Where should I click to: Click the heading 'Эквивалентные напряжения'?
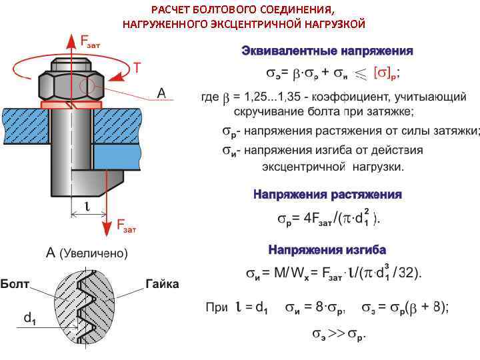click(327, 51)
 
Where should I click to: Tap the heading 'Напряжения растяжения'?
click(327, 195)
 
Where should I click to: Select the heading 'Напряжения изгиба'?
click(327, 250)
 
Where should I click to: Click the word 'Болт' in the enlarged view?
click(15, 284)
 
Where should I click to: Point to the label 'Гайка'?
click(162, 284)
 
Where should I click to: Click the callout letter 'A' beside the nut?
click(161, 93)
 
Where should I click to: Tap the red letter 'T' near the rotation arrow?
click(137, 67)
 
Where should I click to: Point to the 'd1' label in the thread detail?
click(29, 319)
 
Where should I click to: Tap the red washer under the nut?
click(71, 105)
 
